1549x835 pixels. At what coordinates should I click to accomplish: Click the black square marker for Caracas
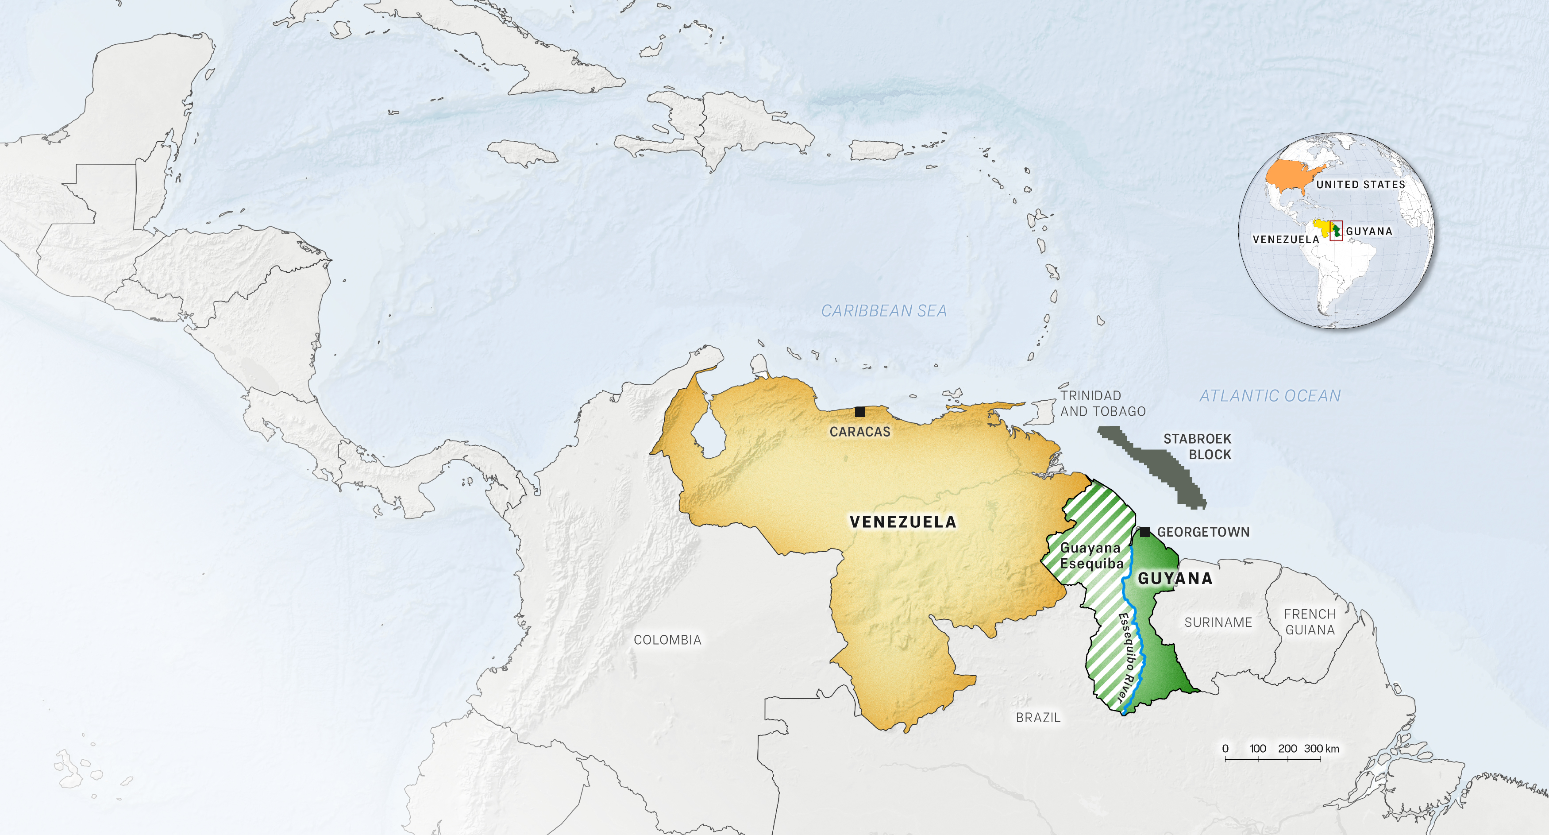(x=860, y=411)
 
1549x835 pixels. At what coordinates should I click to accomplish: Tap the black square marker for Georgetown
(x=1145, y=532)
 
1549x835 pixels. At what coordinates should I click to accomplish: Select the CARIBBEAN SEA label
(x=884, y=311)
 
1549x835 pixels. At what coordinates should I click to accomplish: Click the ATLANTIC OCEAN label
(x=1270, y=396)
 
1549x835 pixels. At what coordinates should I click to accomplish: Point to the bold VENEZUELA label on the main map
(x=902, y=522)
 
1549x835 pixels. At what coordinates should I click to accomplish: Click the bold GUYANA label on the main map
(x=1175, y=578)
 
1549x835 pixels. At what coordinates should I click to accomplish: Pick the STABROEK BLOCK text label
(x=1197, y=446)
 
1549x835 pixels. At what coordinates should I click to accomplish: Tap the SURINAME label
(x=1218, y=622)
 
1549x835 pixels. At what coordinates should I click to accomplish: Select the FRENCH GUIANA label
(x=1310, y=622)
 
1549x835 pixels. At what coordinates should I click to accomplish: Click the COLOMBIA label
(x=667, y=639)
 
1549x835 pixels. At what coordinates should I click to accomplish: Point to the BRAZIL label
(x=1038, y=717)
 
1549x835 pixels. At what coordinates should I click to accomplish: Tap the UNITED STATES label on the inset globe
(x=1360, y=185)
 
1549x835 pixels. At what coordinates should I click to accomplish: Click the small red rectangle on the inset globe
(x=1336, y=230)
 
